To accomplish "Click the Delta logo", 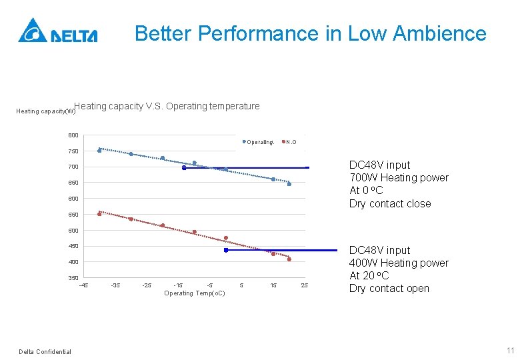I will point(58,31).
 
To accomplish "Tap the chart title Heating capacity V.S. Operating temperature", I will point(167,106).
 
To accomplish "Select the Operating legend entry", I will point(259,142).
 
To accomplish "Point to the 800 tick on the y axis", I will point(73,135).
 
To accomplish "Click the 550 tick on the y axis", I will point(73,215).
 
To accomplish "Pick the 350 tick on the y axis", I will point(73,278).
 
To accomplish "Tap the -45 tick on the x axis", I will point(83,285).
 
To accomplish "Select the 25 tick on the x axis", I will point(305,285).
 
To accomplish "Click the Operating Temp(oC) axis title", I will point(195,293).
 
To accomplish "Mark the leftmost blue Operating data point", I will point(99,151).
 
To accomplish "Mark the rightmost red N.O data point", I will point(289,259).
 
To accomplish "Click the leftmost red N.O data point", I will point(99,214).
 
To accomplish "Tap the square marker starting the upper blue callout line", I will point(184,168).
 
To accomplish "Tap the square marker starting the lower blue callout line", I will point(226,251).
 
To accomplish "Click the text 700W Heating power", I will point(399,178).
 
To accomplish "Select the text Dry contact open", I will point(389,289).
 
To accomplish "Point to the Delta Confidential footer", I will point(45,352).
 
